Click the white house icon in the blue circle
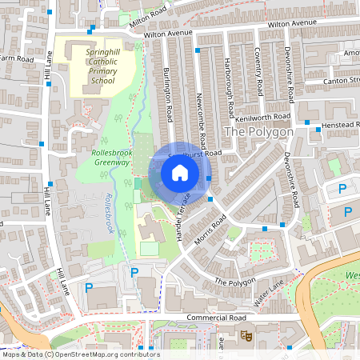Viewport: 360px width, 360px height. click(180, 172)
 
